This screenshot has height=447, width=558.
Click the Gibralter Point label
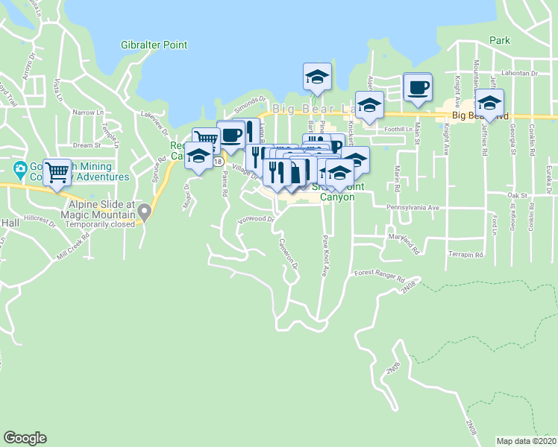[154, 45]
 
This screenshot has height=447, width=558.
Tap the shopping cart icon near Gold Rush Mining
[57, 173]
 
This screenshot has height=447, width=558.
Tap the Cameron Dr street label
[289, 254]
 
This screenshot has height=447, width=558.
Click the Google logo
[25, 438]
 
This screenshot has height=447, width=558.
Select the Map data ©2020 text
[526, 440]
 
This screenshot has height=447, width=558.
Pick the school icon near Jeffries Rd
[489, 103]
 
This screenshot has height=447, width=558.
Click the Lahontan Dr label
[520, 74]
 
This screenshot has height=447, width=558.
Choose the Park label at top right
[501, 40]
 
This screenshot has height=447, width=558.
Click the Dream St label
[87, 145]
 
